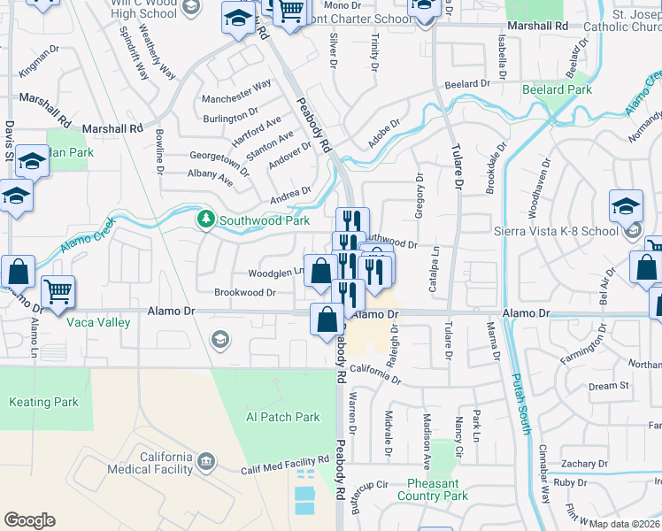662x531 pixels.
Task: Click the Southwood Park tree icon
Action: tap(206, 218)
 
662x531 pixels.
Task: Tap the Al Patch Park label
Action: tap(282, 417)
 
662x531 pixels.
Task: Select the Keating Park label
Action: tap(43, 402)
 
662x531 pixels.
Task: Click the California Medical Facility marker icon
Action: tap(206, 461)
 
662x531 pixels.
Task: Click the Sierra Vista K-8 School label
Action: tap(556, 231)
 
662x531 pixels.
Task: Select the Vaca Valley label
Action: tap(98, 322)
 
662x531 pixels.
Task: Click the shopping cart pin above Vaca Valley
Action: tap(58, 291)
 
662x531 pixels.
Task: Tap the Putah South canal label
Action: tap(518, 404)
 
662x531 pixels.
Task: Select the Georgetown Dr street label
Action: tap(218, 160)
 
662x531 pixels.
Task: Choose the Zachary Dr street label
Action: tap(584, 463)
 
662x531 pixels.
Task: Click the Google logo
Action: tap(29, 520)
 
